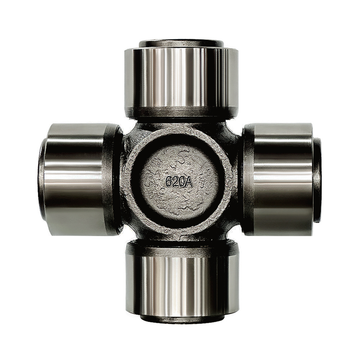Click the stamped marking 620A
pyautogui.click(x=179, y=183)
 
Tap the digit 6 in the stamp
pyautogui.click(x=169, y=183)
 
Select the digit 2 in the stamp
pyautogui.click(x=176, y=183)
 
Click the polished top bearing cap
pyautogui.click(x=181, y=78)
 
